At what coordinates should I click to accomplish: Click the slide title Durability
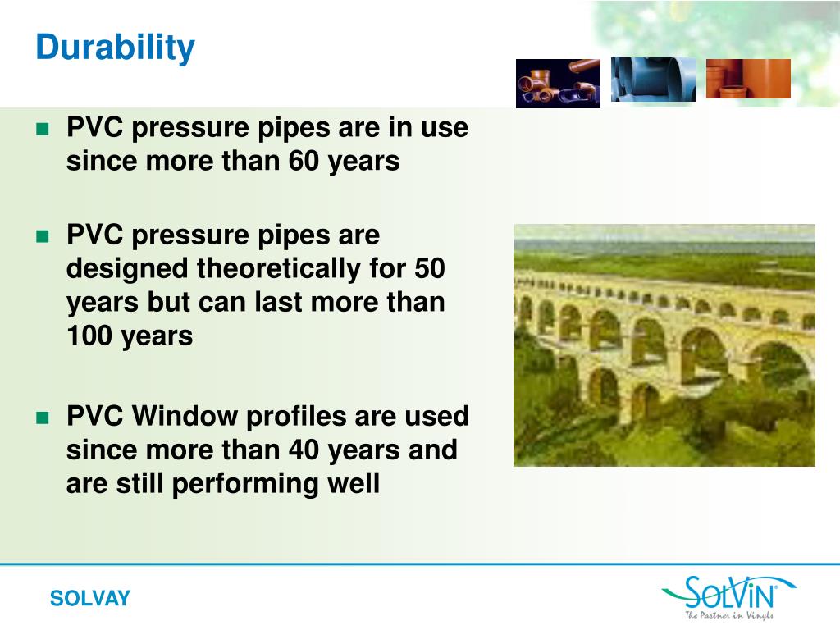point(115,48)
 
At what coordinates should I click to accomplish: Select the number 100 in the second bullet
point(89,336)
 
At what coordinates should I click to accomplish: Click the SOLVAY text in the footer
point(89,599)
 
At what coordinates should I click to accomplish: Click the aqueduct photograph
point(664,345)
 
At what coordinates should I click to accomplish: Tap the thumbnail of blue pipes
point(653,80)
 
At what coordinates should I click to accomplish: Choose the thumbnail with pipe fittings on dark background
point(558,83)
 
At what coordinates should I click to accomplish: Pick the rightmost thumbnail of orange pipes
point(748,79)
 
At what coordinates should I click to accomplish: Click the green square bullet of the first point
point(43,129)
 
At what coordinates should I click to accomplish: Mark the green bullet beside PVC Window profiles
point(43,418)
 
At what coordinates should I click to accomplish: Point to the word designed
point(128,268)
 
